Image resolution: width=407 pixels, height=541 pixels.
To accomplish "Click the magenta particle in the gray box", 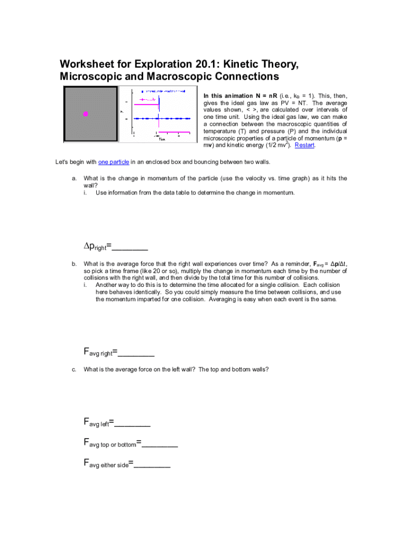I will (x=85, y=114).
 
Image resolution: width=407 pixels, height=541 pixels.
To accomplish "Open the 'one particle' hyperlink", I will (x=114, y=162).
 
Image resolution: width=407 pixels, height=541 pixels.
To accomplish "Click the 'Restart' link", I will (x=304, y=145).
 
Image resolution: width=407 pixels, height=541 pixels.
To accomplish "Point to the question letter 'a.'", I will (x=74, y=179).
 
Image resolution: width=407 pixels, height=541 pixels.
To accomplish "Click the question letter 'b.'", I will (x=74, y=264).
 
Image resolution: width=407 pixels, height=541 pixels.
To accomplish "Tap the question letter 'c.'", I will (x=74, y=369).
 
